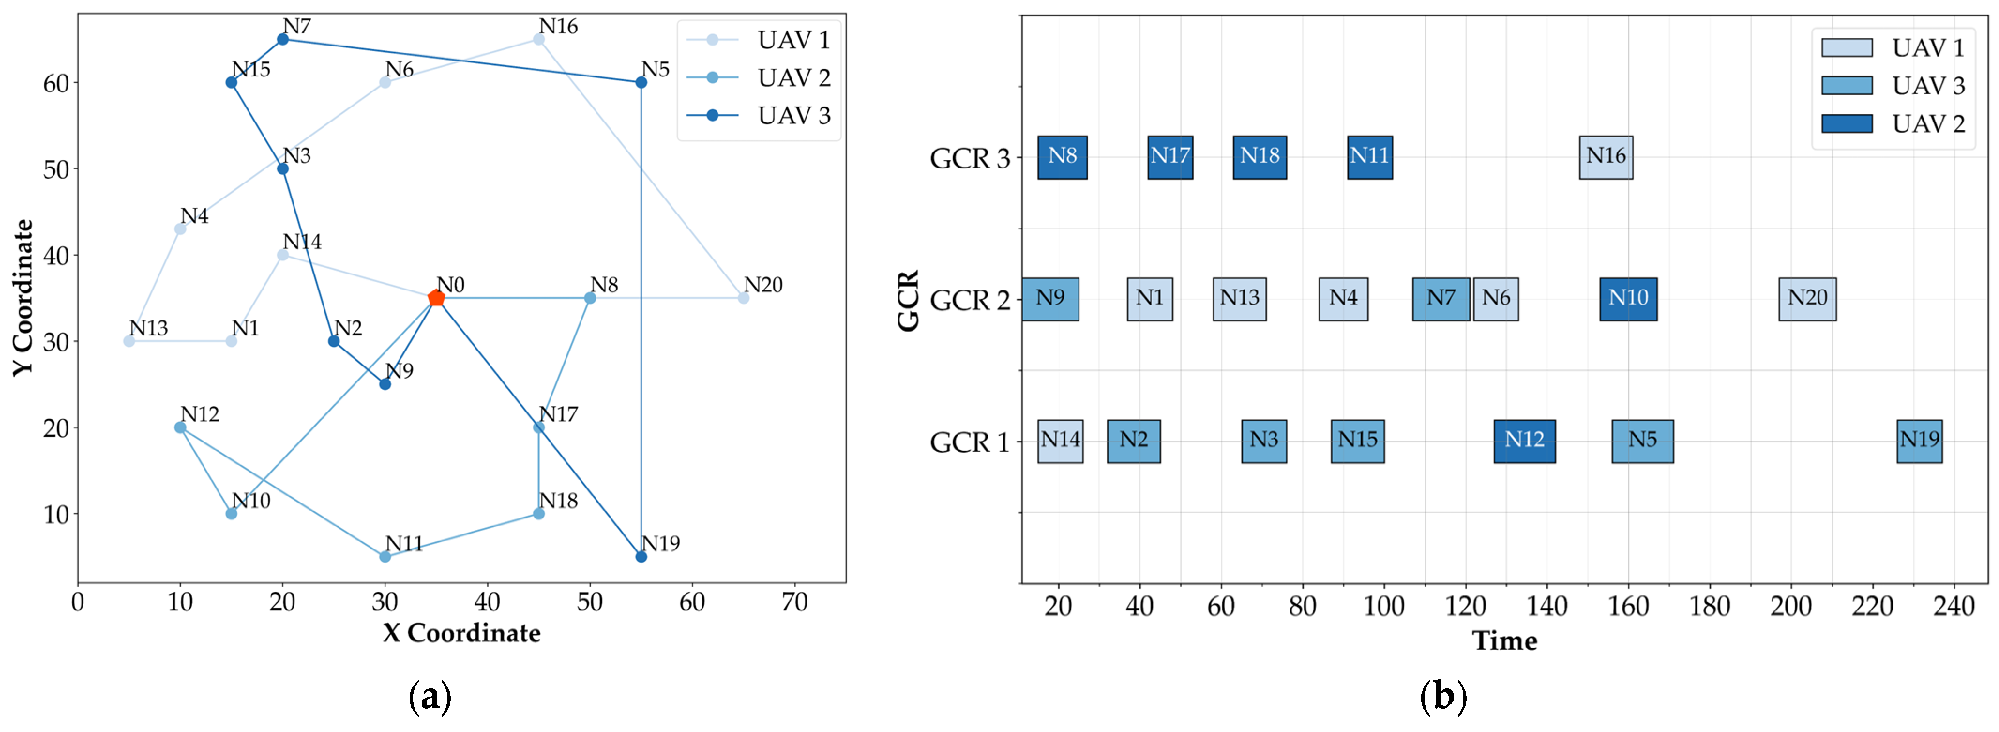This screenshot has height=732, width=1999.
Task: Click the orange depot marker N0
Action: pos(436,298)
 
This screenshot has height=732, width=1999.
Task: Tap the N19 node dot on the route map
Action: pos(641,557)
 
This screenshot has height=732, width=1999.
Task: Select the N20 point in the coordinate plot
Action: pos(743,298)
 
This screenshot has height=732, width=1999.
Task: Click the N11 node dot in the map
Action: pos(385,557)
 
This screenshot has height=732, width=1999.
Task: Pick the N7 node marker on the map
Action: pos(282,39)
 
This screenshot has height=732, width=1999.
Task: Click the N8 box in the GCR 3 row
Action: pos(1063,157)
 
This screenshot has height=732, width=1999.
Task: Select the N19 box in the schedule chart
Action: pos(1919,441)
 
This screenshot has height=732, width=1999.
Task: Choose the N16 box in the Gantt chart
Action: pos(1606,157)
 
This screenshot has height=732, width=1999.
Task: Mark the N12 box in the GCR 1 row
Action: pos(1524,441)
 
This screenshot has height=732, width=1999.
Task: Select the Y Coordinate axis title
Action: pos(23,298)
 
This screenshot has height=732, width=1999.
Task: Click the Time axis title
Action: pos(1504,641)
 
